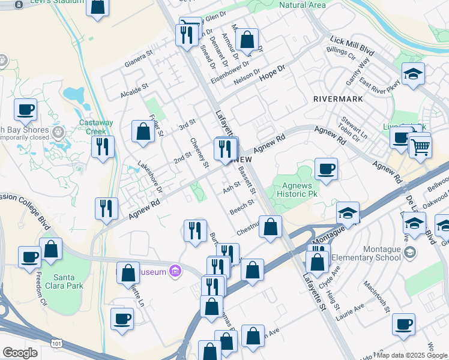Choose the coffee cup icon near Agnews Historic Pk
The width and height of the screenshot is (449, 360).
click(326, 168)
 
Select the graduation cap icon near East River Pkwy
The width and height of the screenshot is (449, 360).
click(413, 74)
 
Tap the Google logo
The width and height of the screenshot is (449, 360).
click(20, 353)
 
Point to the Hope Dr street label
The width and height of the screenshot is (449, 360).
click(271, 74)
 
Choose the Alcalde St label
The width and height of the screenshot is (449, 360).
click(134, 89)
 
